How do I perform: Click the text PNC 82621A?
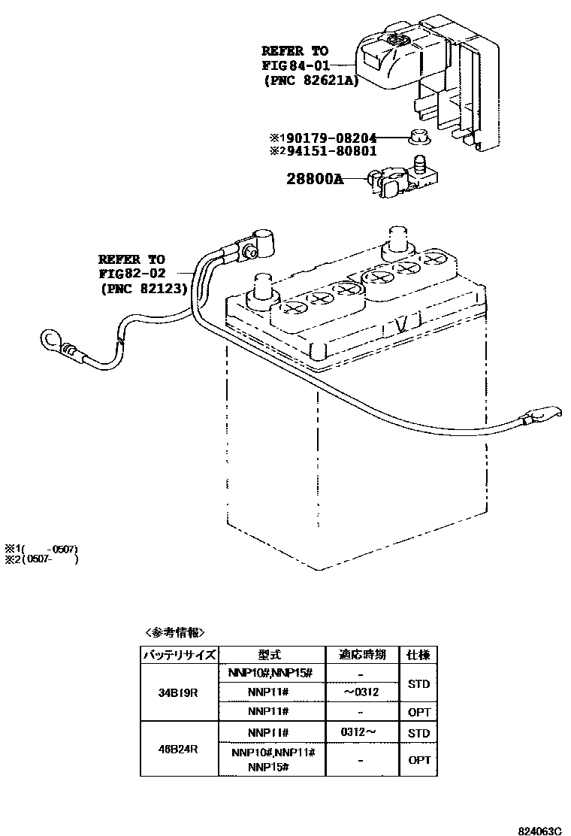click(310, 80)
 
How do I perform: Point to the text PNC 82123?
click(143, 287)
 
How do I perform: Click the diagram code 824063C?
click(539, 831)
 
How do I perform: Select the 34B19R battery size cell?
click(178, 692)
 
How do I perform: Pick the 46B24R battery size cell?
click(178, 749)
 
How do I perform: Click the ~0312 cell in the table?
click(361, 692)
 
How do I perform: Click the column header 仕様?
click(418, 655)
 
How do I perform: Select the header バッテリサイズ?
click(179, 655)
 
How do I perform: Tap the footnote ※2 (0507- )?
click(41, 559)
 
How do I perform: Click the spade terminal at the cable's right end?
click(542, 413)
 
